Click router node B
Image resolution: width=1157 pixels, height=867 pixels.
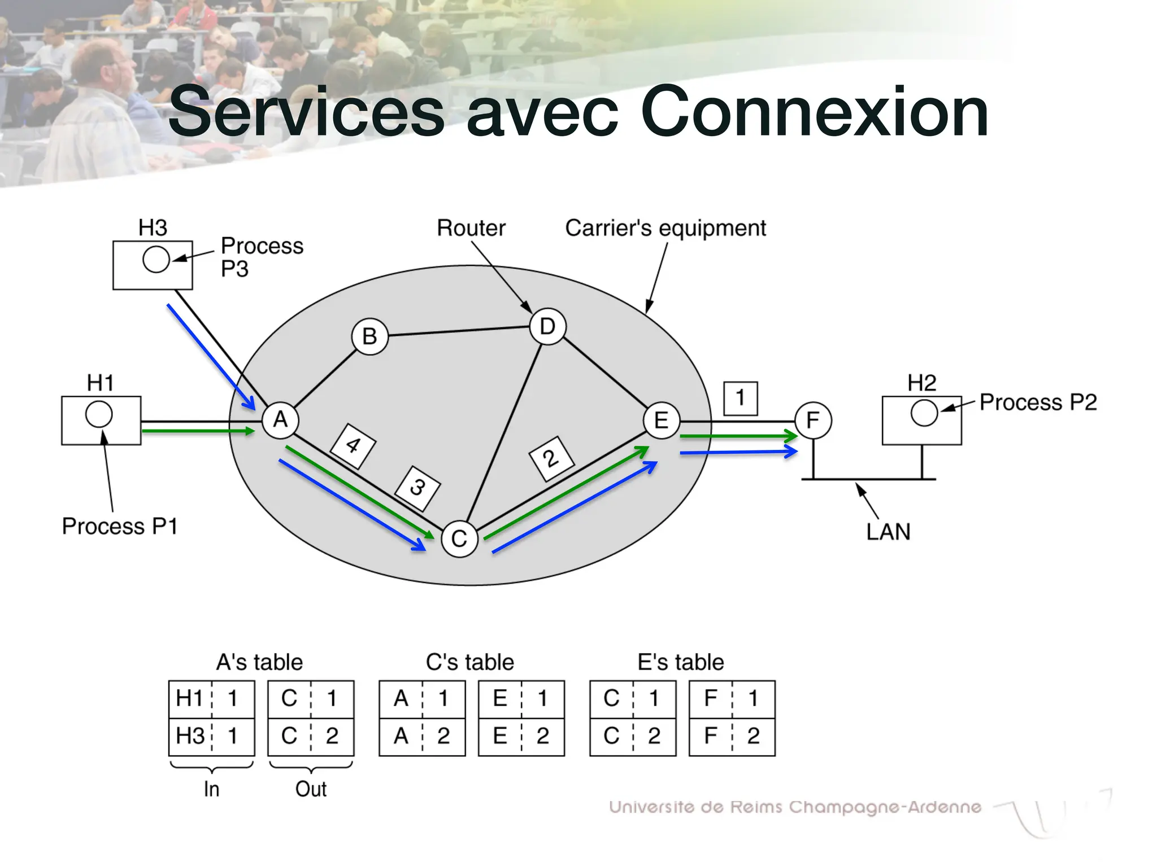[369, 336]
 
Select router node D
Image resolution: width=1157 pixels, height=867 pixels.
[547, 326]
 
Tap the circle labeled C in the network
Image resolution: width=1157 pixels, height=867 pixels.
[459, 539]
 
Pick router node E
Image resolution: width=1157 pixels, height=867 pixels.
[661, 421]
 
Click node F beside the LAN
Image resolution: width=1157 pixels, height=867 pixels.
[813, 421]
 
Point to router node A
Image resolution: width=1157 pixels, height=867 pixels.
[280, 420]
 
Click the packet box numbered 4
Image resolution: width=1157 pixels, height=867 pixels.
[353, 445]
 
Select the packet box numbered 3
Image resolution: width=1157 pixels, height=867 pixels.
[417, 488]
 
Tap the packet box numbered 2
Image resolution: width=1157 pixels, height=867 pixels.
[551, 458]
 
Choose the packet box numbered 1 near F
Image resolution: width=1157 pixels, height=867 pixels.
[740, 398]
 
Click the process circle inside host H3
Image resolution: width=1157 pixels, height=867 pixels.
[156, 260]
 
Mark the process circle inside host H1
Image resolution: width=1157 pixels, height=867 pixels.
[99, 414]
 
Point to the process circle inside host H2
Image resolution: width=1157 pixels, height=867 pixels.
[924, 413]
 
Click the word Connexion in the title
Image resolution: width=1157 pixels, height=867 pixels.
[814, 112]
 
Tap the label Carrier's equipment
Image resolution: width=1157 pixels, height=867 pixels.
[666, 228]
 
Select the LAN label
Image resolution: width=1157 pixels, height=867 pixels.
[888, 532]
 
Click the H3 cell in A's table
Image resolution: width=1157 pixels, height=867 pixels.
[190, 736]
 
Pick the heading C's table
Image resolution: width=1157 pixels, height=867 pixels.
[469, 662]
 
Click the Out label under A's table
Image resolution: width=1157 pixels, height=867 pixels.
[311, 789]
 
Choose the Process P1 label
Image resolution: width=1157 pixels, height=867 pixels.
[120, 526]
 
